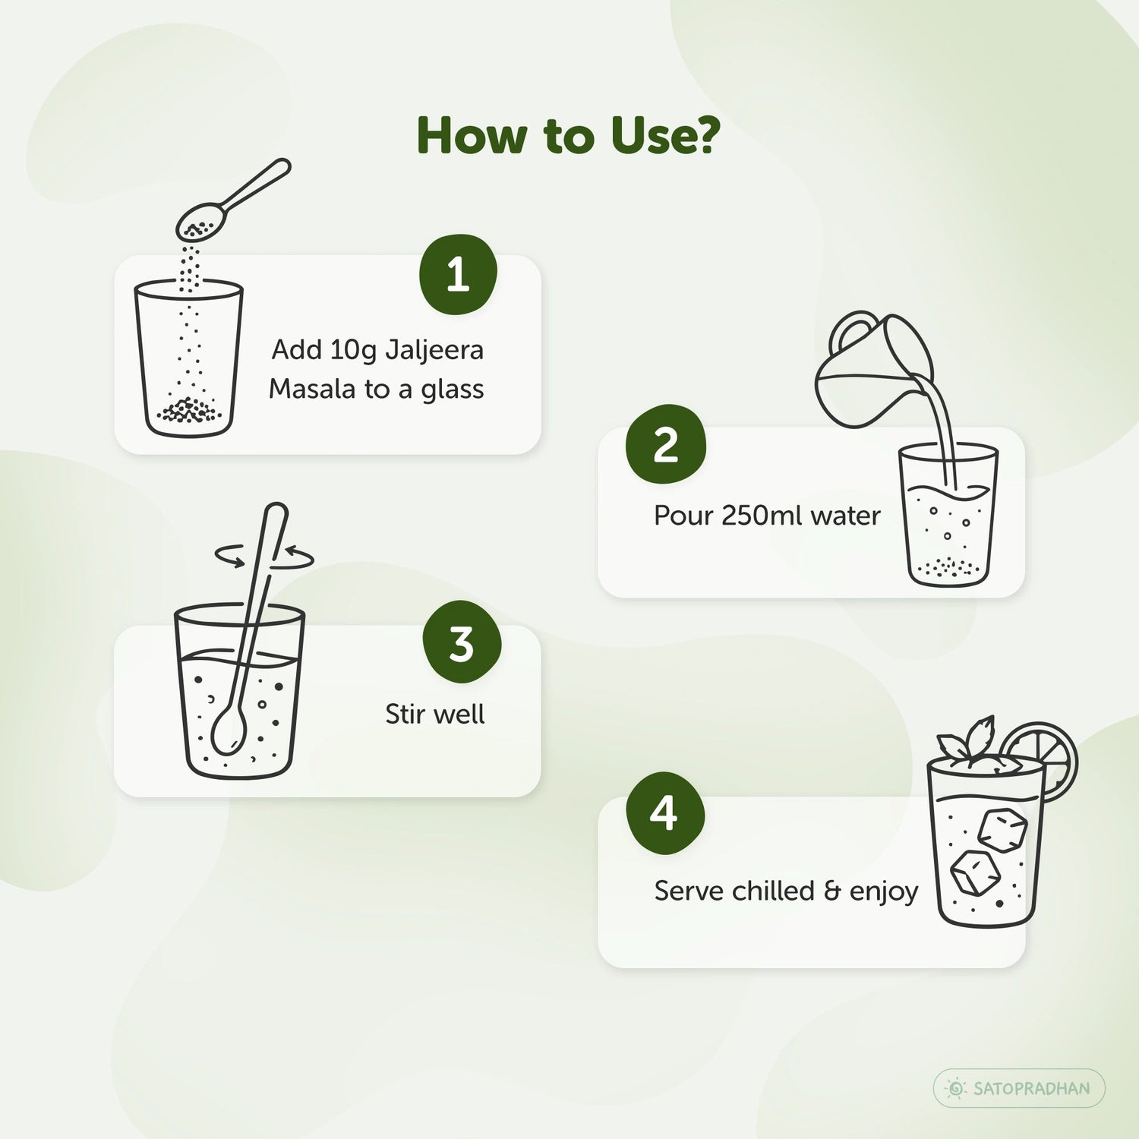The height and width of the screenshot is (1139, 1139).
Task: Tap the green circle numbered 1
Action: (458, 274)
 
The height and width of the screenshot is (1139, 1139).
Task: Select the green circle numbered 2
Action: (666, 444)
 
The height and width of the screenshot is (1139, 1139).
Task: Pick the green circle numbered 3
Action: (462, 643)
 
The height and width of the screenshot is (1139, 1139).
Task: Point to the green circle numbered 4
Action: (665, 813)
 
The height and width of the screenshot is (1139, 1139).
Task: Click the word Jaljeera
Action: (434, 351)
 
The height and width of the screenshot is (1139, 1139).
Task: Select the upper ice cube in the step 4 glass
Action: (1002, 830)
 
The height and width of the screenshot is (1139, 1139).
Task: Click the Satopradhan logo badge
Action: (1019, 1088)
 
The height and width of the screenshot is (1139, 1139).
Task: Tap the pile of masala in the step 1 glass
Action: (189, 411)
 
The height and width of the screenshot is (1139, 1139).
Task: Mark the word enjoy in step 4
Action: (884, 892)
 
